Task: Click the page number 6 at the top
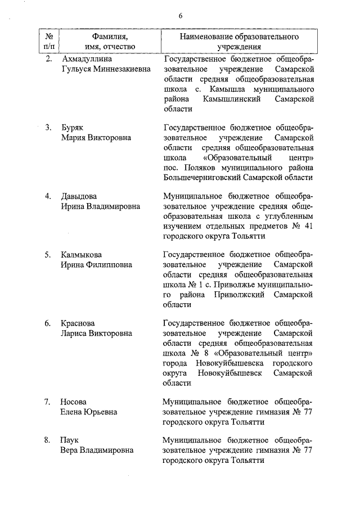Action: [x=181, y=15]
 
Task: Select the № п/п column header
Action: [x=49, y=41]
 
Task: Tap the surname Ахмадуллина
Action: [x=86, y=58]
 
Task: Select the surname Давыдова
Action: [x=79, y=196]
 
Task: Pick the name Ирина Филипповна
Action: [x=97, y=265]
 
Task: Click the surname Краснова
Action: [x=78, y=324]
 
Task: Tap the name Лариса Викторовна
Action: [x=97, y=334]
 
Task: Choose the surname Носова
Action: [x=74, y=402]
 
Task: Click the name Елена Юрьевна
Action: [x=89, y=412]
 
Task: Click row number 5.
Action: [x=48, y=255]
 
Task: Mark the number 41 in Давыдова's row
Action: [x=307, y=226]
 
